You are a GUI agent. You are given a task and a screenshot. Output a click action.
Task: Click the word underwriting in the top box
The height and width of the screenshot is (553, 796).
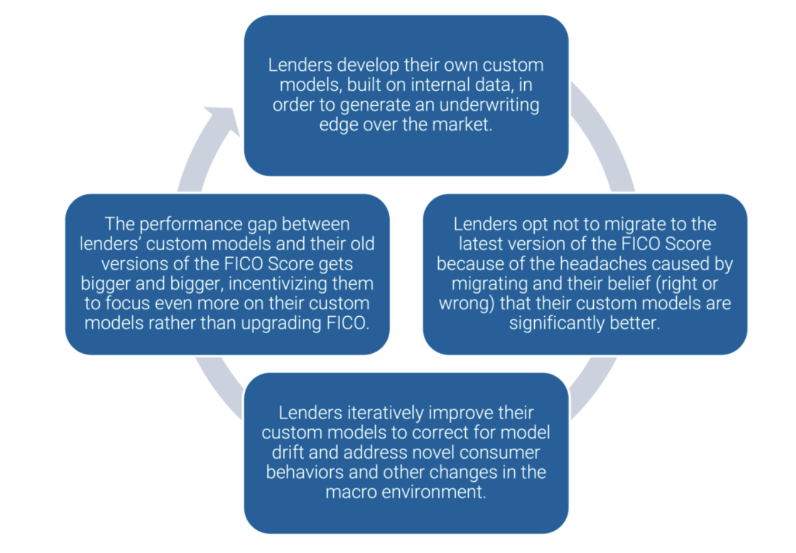tap(489, 105)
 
